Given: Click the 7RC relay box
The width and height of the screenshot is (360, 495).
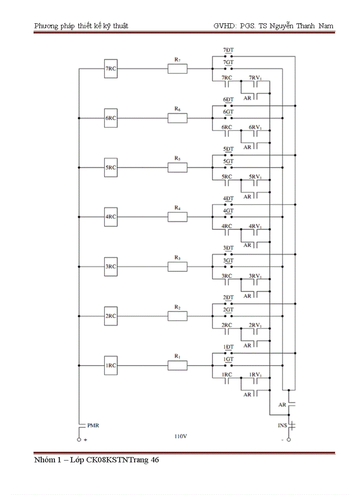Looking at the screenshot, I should [111, 69].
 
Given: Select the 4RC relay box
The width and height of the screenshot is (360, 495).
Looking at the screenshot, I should [111, 217].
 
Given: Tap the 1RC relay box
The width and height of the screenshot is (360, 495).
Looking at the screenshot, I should [111, 365].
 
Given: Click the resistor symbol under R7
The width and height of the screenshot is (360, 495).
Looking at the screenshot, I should [177, 69].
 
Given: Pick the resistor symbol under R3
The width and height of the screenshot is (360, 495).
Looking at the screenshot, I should [177, 267].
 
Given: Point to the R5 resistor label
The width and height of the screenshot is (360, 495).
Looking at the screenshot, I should [177, 158].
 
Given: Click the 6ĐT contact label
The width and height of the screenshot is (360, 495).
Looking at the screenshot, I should [228, 100].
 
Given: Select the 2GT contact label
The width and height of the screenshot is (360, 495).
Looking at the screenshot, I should [228, 310].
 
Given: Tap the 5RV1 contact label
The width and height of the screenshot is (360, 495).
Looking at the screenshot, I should [255, 176].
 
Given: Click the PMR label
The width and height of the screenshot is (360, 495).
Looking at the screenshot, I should [93, 426].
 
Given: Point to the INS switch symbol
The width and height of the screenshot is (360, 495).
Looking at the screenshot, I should [291, 426].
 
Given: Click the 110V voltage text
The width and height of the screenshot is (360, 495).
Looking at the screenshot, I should [181, 437].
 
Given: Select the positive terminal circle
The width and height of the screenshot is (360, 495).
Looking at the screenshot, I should [79, 440].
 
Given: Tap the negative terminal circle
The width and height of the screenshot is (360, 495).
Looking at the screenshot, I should [289, 440].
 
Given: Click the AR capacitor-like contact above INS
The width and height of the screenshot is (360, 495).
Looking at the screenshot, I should [291, 404].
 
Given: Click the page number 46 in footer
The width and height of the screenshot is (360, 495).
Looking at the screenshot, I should [154, 461].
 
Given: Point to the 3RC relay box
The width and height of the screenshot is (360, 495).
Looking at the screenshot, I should [111, 267].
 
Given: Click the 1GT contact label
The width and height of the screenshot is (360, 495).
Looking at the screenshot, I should [228, 359].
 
